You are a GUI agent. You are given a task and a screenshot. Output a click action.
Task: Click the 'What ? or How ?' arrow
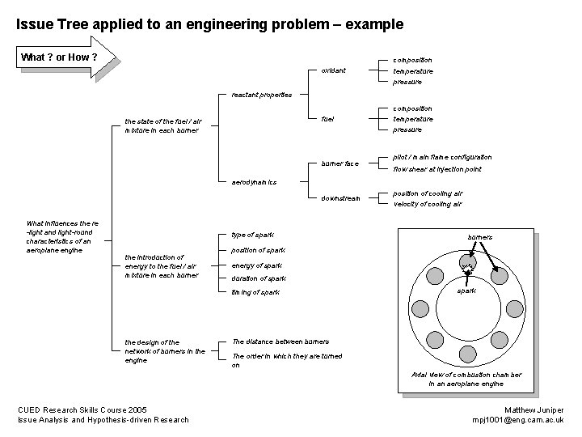[x=66, y=57]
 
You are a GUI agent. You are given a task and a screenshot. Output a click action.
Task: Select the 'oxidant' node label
[x=333, y=70]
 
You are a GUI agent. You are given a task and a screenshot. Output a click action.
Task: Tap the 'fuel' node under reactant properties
[x=327, y=119]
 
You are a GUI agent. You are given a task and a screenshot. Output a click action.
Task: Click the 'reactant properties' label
[x=262, y=95]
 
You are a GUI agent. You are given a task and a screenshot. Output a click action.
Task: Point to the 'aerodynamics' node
[x=254, y=182]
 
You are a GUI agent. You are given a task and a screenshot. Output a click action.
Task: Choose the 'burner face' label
[x=340, y=163]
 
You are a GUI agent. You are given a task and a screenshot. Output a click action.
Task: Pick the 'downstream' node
[x=340, y=198]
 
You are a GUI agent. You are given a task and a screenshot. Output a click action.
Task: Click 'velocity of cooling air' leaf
[x=428, y=204]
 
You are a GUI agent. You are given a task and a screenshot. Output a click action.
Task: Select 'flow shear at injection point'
[x=436, y=169]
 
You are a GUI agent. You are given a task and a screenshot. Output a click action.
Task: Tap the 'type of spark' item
[x=252, y=235]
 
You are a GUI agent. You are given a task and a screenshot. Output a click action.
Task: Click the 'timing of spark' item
[x=255, y=292]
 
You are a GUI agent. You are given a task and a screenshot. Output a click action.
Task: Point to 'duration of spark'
[x=259, y=278]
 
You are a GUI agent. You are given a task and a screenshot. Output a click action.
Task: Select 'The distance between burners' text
[x=280, y=342]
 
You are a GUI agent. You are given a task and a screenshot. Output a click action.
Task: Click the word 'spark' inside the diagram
[x=466, y=291]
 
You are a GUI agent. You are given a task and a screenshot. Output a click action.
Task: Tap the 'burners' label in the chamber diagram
[x=480, y=237]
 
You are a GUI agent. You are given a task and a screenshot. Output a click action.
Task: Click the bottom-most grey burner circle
[x=468, y=354]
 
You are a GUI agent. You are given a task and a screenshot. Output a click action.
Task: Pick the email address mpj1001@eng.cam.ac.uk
[x=518, y=420]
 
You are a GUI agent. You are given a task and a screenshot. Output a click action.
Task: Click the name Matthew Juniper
[x=533, y=409]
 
